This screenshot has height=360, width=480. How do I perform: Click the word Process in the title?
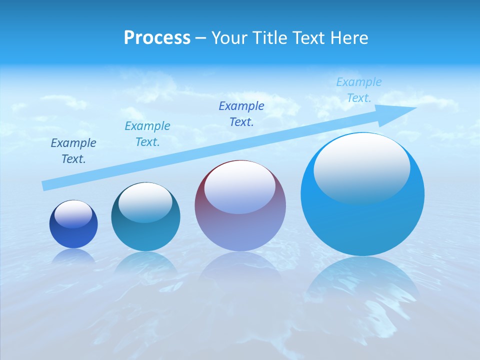click(x=157, y=38)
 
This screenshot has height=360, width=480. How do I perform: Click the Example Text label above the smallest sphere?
click(x=73, y=151)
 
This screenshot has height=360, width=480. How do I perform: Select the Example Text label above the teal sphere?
click(x=147, y=134)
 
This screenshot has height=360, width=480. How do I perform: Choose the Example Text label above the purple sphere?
click(x=241, y=114)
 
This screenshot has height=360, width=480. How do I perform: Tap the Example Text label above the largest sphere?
click(x=359, y=90)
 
